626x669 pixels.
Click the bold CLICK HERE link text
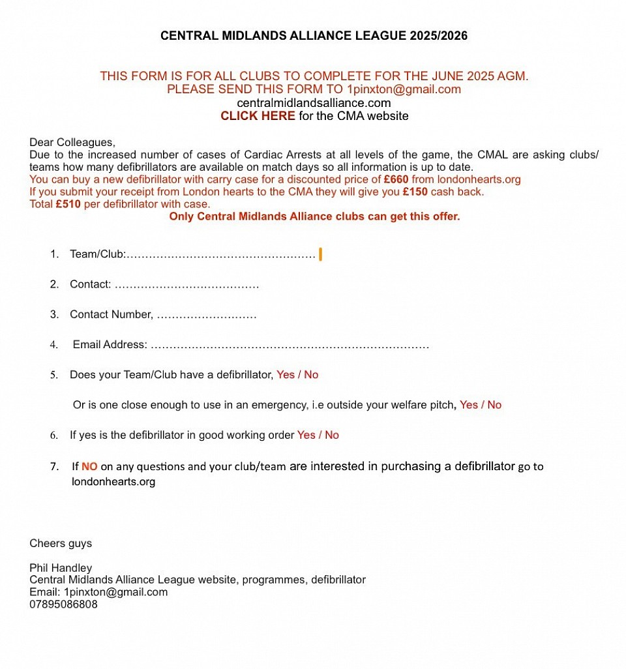258,116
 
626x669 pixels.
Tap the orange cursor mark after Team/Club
320,254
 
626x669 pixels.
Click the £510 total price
68,204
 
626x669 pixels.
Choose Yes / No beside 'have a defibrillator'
297,375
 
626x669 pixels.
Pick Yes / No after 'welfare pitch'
481,405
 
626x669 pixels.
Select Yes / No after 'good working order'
318,435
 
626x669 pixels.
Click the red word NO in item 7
89,466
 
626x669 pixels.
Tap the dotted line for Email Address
290,345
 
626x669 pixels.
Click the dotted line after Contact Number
207,315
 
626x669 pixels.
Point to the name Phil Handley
61,568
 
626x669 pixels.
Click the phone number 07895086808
63,604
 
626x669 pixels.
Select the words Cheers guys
61,543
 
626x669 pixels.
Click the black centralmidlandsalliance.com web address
314,103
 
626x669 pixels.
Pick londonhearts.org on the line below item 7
113,482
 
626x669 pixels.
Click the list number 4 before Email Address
54,345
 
